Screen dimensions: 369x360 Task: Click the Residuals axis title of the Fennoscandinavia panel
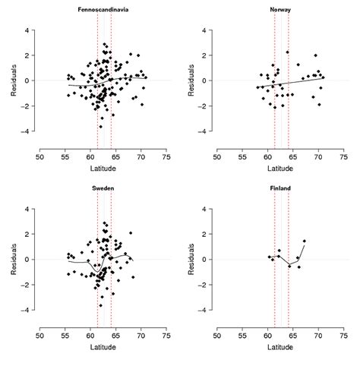pos(13,80)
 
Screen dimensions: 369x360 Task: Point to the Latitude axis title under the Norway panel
pos(280,171)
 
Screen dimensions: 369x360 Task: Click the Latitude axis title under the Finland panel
pos(280,350)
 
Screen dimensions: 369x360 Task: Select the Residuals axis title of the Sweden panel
pos(13,259)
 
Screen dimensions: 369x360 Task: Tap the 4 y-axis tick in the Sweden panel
pos(27,209)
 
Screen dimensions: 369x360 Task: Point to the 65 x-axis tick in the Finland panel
pos(292,336)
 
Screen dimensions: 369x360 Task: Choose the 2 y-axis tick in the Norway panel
pos(205,55)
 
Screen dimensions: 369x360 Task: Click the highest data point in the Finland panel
pos(304,241)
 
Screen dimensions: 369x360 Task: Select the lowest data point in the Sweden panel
pos(100,305)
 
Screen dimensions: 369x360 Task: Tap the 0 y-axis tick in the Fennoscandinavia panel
pos(27,80)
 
